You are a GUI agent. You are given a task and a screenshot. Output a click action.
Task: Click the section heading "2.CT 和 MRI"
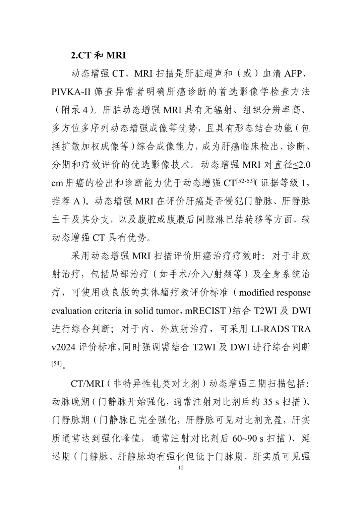click(x=98, y=55)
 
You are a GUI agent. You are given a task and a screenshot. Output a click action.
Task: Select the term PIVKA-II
click(x=71, y=92)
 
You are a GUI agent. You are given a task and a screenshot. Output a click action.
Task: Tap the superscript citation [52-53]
click(x=245, y=181)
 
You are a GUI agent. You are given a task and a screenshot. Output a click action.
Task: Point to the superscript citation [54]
click(x=56, y=363)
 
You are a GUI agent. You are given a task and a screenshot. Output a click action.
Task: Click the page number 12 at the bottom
click(x=181, y=468)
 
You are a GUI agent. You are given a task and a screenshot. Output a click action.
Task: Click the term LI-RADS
click(x=270, y=329)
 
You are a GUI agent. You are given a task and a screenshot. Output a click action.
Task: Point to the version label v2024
click(x=64, y=347)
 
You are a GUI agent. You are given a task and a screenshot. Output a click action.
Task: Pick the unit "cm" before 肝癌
click(x=57, y=183)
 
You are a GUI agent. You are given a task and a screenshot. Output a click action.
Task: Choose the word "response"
click(x=294, y=293)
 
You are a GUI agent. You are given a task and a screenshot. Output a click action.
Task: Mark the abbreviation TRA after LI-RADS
click(x=301, y=329)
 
